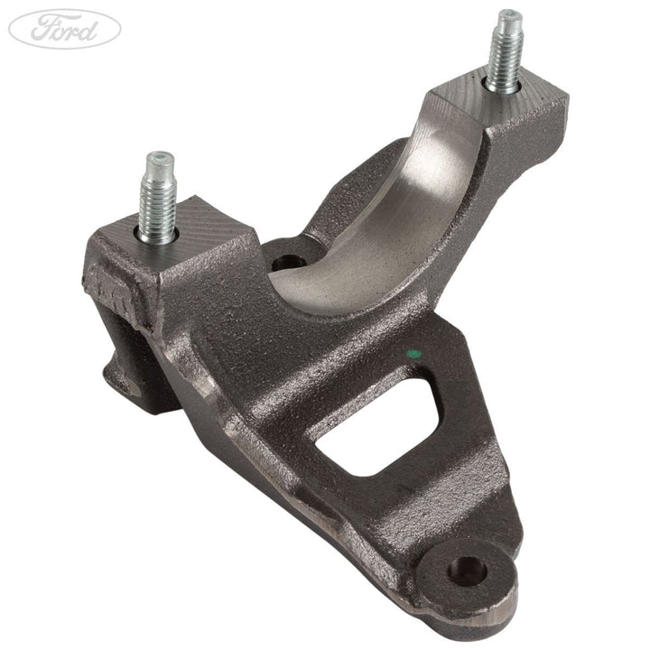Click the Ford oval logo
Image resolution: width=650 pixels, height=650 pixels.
click(64, 29)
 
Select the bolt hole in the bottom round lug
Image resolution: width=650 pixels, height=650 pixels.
click(468, 570)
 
